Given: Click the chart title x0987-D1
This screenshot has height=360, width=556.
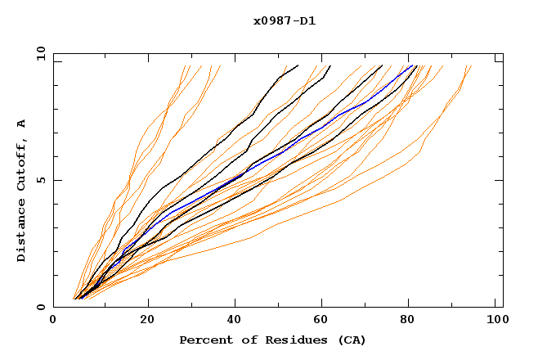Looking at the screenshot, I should pos(284,20).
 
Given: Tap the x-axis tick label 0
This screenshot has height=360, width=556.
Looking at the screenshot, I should pos(53,321).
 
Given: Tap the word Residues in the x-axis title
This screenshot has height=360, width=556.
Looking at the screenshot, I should pos(284,340).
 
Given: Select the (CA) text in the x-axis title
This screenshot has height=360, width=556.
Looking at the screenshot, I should pos(349,340).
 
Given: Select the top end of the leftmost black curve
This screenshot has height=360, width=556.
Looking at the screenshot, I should pos(298,66).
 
